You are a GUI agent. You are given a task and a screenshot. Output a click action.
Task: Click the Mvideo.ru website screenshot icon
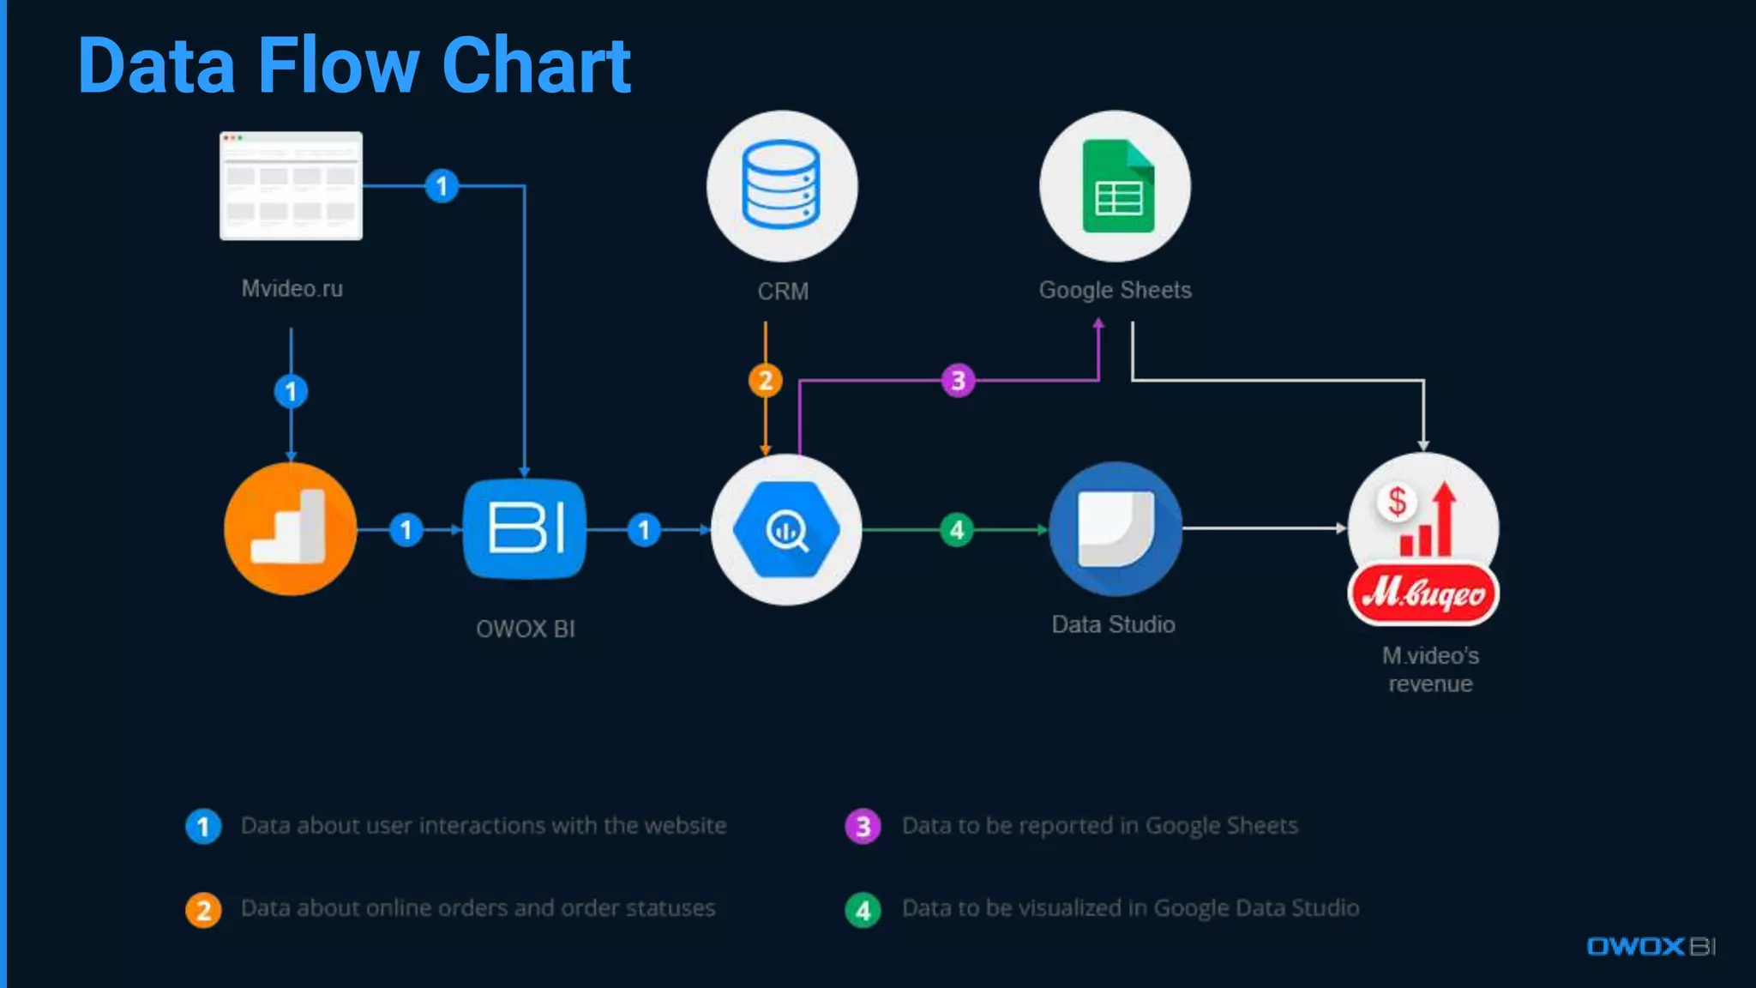click(x=291, y=185)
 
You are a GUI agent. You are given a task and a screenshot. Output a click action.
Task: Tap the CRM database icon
click(x=781, y=185)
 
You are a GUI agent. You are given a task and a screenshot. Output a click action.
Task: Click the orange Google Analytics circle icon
click(x=290, y=529)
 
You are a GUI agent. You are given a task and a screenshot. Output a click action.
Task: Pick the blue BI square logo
click(x=525, y=528)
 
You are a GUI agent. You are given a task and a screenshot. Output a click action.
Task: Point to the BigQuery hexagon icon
click(x=786, y=530)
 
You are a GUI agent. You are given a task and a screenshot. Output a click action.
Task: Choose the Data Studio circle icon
click(x=1115, y=528)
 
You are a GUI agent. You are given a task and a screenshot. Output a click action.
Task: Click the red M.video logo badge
click(x=1423, y=593)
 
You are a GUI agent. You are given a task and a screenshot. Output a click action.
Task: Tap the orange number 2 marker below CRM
click(x=765, y=380)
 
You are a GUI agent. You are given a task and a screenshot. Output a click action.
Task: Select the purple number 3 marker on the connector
click(x=958, y=380)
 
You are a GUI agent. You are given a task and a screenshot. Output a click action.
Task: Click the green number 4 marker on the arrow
click(x=957, y=529)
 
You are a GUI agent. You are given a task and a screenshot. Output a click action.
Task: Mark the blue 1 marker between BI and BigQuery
click(x=644, y=529)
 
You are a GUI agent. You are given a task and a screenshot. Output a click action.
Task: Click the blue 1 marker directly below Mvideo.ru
click(x=291, y=392)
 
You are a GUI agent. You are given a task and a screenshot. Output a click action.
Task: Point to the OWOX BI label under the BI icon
click(x=525, y=629)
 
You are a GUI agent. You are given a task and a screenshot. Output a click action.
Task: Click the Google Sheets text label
click(x=1115, y=290)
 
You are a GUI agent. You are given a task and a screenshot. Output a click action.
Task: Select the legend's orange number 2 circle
click(x=203, y=910)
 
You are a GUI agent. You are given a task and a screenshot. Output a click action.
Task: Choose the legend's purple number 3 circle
click(x=863, y=827)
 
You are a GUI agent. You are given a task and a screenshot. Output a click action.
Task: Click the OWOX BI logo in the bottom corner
click(x=1651, y=946)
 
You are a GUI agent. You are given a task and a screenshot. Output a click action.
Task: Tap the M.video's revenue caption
click(x=1430, y=670)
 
